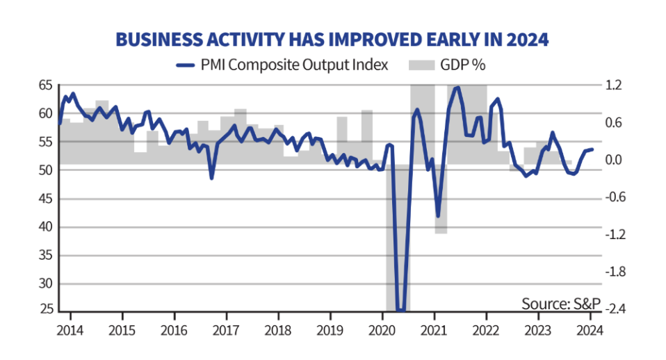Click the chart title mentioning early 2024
tap(332, 40)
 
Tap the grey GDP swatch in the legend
tap(421, 65)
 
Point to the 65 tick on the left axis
tap(45, 85)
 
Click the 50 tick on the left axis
tap(45, 170)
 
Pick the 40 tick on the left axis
tap(45, 227)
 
